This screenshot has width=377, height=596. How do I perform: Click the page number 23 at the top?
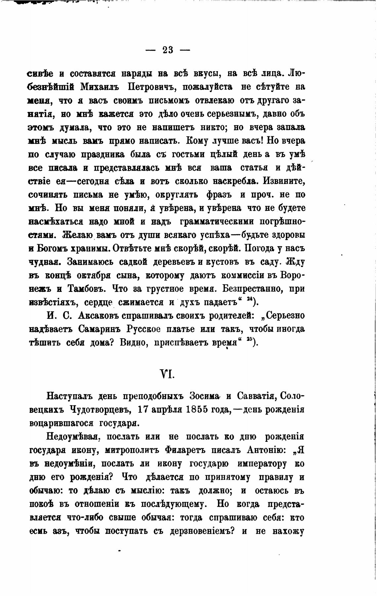click(x=168, y=50)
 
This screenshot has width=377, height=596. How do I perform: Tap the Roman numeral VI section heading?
click(x=168, y=374)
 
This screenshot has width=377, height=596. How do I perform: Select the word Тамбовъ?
click(x=87, y=289)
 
